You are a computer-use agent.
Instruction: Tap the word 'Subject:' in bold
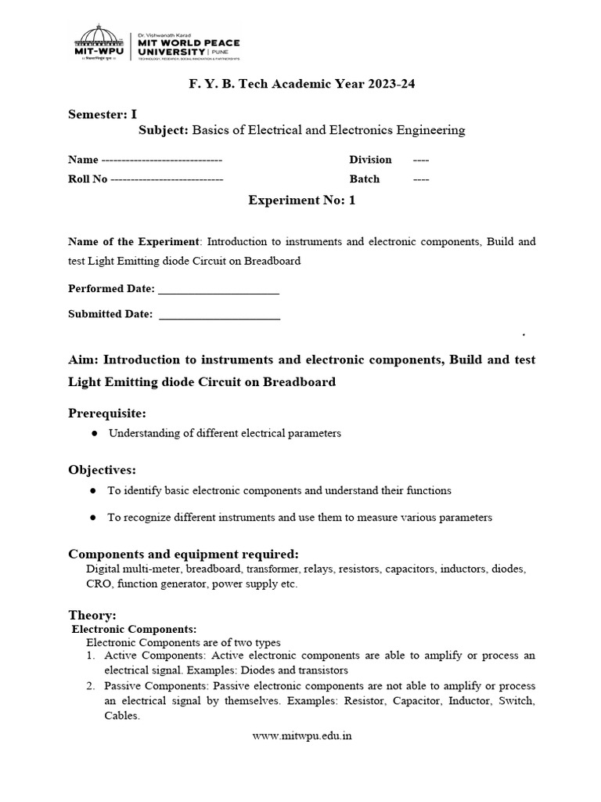pyautogui.click(x=163, y=130)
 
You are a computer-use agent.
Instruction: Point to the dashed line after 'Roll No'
pyautogui.click(x=167, y=179)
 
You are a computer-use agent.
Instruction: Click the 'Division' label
pyautogui.click(x=370, y=160)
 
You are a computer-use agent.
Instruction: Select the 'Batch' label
pyautogui.click(x=364, y=179)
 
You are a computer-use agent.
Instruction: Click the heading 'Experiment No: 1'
pyautogui.click(x=301, y=200)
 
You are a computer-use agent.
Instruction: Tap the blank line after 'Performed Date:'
pyautogui.click(x=218, y=289)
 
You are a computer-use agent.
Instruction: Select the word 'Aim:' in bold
pyautogui.click(x=85, y=359)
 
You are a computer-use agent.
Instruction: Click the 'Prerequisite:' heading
pyautogui.click(x=107, y=413)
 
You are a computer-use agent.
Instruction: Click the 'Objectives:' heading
pyautogui.click(x=102, y=470)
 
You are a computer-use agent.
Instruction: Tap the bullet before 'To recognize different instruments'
pyautogui.click(x=93, y=518)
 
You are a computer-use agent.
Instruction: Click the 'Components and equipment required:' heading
pyautogui.click(x=184, y=554)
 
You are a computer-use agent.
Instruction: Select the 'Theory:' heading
pyautogui.click(x=92, y=616)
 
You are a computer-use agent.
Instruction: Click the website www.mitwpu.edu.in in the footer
pyautogui.click(x=302, y=736)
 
